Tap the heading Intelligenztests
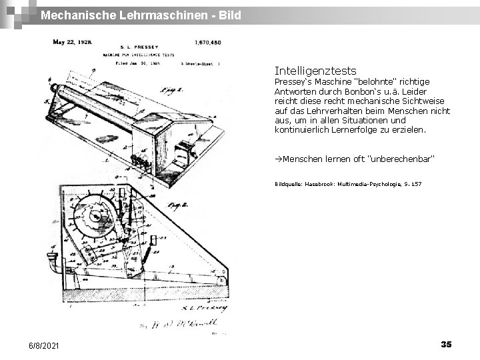pyautogui.click(x=315, y=70)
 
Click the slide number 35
pyautogui.click(x=446, y=343)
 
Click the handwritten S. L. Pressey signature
pyautogui.click(x=208, y=307)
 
